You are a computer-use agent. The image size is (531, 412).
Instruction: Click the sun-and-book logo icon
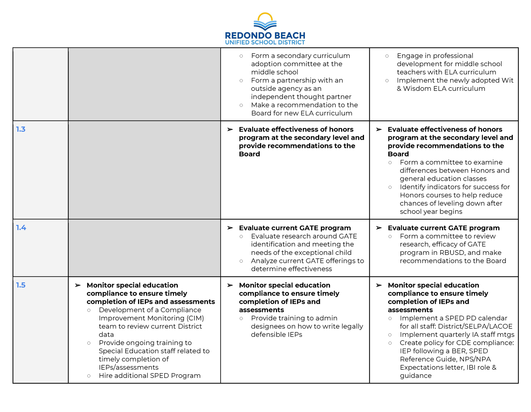tap(265, 22)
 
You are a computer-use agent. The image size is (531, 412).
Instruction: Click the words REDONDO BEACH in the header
tap(265, 36)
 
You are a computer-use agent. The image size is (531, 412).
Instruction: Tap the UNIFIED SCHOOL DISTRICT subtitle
tap(265, 43)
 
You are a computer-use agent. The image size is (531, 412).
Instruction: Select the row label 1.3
tap(21, 129)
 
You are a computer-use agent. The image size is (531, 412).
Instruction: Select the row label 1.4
tap(21, 228)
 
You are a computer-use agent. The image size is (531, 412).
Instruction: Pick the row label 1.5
tap(21, 285)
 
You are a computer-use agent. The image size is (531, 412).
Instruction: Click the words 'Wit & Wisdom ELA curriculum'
tap(455, 84)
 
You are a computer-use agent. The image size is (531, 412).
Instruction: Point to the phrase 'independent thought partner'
tap(301, 97)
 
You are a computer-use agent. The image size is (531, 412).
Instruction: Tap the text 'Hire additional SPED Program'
tap(150, 376)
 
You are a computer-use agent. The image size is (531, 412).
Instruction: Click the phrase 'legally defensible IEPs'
tap(307, 331)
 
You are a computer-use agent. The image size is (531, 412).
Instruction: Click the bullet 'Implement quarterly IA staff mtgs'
tap(457, 335)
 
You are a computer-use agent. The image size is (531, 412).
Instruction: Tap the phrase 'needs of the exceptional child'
tap(301, 253)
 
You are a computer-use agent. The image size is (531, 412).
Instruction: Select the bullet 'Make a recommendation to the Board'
tap(304, 109)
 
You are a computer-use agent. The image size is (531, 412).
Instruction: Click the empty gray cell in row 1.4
tap(144, 248)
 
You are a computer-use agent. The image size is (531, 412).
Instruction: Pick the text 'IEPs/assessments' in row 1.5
tap(129, 367)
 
